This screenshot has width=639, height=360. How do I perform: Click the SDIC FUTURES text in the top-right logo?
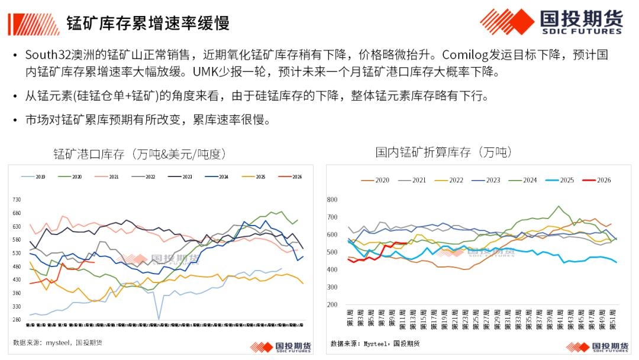pos(581,31)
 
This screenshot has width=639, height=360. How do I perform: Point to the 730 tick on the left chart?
pos(17,200)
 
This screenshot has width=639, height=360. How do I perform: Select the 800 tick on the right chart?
pos(331,200)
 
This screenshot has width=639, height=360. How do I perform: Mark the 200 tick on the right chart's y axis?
pos(331,305)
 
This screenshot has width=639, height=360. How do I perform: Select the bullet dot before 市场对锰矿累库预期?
pos(15,120)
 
